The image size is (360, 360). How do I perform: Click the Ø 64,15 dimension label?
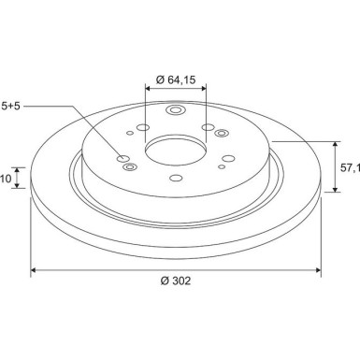pyautogui.click(x=176, y=79)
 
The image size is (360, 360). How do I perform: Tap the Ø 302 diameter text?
pyautogui.click(x=176, y=281)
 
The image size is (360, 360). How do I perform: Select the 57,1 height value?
pyautogui.click(x=350, y=168)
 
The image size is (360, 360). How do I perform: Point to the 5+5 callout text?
pyautogui.click(x=10, y=107)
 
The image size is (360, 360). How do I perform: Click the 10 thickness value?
pyautogui.click(x=6, y=179)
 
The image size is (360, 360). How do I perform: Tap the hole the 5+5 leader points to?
pyautogui.click(x=122, y=158)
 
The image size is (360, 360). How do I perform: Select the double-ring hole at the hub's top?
pyautogui.click(x=176, y=110)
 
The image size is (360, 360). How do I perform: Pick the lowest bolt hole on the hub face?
pyautogui.click(x=176, y=178)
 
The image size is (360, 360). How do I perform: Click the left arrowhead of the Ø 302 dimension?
pyautogui.click(x=34, y=270)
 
